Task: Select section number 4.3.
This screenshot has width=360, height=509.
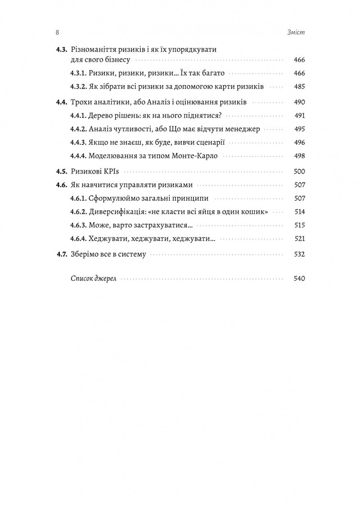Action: pyautogui.click(x=61, y=50)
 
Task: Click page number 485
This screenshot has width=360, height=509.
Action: pyautogui.click(x=299, y=86)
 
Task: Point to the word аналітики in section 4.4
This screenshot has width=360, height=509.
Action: pyautogui.click(x=108, y=103)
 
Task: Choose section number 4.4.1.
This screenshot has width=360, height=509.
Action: pyautogui.click(x=79, y=115)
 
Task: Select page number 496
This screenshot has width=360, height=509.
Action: pyautogui.click(x=299, y=142)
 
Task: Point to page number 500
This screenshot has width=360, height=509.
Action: pyautogui.click(x=299, y=171)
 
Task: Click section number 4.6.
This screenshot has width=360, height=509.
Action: pyautogui.click(x=61, y=185)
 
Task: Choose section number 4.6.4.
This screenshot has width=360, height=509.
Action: pyautogui.click(x=79, y=239)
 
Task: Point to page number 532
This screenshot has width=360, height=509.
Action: pyautogui.click(x=299, y=254)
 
